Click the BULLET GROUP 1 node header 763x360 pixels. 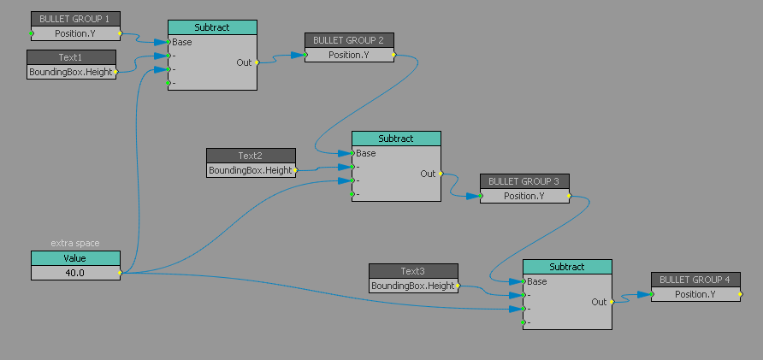tap(75, 19)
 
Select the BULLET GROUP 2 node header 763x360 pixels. tap(349, 40)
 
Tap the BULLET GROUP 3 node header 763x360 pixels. tap(524, 181)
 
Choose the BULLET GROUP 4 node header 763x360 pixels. tap(695, 280)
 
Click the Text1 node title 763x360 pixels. tap(71, 57)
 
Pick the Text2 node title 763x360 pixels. tap(251, 156)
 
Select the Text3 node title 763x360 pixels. tap(413, 271)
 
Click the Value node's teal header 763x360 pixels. tap(75, 258)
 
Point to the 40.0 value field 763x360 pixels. tap(75, 273)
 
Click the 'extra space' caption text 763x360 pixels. tap(75, 244)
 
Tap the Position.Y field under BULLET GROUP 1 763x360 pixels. tap(75, 33)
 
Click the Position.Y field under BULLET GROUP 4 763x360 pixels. tap(695, 294)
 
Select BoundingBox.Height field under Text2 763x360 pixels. tap(251, 170)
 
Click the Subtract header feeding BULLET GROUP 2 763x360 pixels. tap(212, 27)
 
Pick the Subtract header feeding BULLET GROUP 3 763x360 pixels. tap(396, 139)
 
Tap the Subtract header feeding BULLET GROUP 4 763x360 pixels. tap(567, 267)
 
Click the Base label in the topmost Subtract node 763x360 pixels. tap(182, 42)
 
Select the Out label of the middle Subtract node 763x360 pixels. tap(428, 174)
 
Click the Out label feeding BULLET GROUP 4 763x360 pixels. tap(599, 302)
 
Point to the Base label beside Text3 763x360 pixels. tap(537, 281)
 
